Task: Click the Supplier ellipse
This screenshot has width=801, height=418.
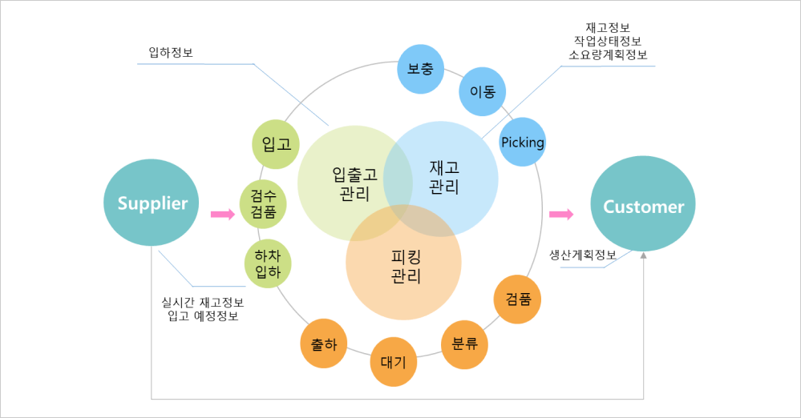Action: pos(152,203)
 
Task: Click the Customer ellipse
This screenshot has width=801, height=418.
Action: pos(643,204)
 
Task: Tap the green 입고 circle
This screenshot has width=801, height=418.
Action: pos(276,145)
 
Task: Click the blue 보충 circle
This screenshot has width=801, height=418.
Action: pos(420,69)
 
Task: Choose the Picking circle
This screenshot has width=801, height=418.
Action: pos(523,143)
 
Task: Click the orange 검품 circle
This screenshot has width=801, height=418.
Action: pos(518,299)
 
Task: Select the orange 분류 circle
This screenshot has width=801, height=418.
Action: pos(465,345)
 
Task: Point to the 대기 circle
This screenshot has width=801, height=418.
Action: pos(393,363)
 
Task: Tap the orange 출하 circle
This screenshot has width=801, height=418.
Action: pos(324,345)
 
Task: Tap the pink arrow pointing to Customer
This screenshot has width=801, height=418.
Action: pos(562,215)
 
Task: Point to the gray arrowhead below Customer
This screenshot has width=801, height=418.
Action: pos(644,257)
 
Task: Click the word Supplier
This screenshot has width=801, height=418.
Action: pos(152,203)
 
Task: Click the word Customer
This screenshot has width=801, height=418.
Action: pos(643,207)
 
